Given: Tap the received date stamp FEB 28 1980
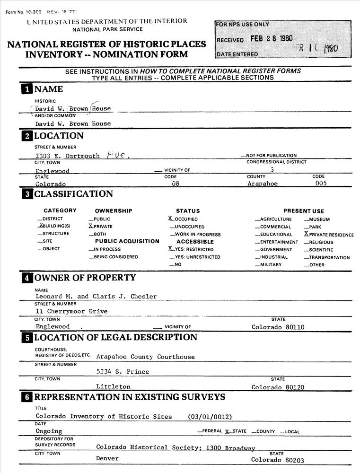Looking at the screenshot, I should pos(271,39).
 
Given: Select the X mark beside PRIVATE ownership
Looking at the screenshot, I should pos(90,227).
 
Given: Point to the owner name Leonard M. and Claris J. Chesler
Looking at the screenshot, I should pos(96,297).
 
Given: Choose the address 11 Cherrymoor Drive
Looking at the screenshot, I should pos(71,311).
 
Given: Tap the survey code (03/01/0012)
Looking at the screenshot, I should pos(210,417).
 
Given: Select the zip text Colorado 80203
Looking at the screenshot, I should pos(278,459).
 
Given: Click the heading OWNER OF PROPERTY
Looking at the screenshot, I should pos(85,278).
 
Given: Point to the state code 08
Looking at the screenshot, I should pos(176,184).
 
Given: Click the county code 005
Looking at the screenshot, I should pos(321,184).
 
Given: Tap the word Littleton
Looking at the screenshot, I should pos(113,386).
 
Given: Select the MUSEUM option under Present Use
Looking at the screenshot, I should pos(319,219).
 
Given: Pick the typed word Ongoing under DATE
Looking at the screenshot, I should pos(49,431).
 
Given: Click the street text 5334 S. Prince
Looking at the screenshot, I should pos(123,372).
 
